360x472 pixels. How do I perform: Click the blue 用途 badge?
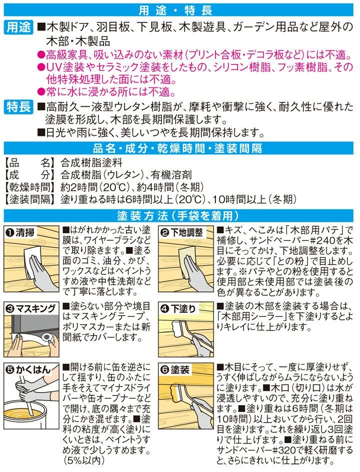coord(18,27)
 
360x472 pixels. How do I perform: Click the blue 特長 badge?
coord(18,107)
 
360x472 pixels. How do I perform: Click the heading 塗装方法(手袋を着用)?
coord(178,216)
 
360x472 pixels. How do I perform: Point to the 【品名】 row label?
coord(29,163)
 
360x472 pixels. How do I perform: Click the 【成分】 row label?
coord(29,175)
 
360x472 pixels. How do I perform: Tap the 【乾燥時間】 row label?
coord(29,187)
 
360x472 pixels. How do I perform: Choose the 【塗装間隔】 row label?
coord(29,199)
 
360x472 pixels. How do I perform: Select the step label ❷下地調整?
coord(181,232)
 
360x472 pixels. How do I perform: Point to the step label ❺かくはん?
coord(28,370)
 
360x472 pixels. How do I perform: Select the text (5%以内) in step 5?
coord(83,460)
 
